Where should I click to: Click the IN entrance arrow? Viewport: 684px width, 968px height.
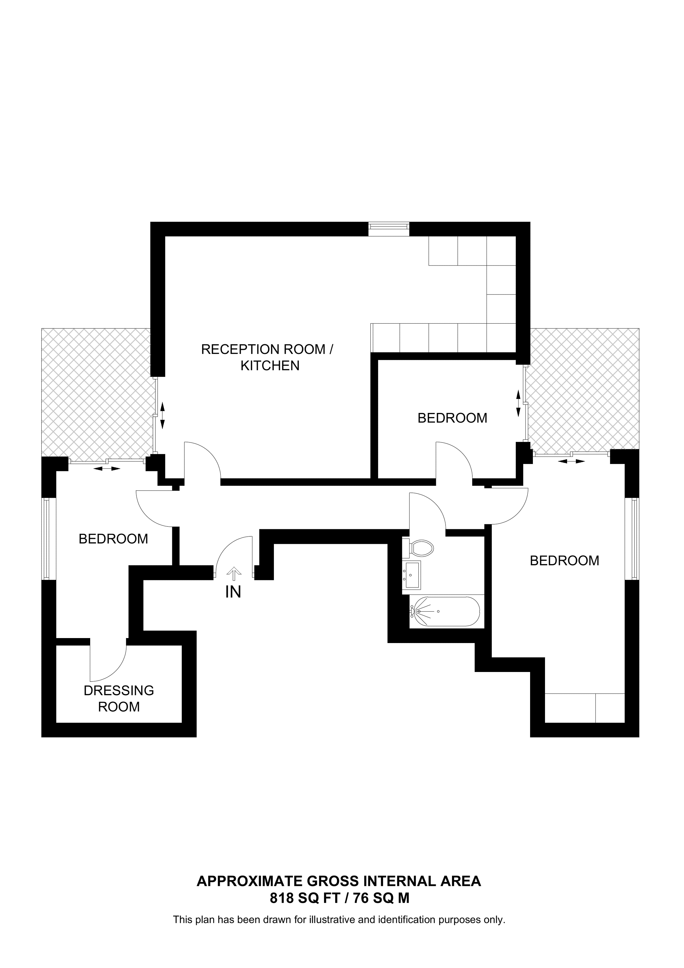[234, 573]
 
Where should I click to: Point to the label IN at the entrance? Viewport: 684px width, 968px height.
[233, 592]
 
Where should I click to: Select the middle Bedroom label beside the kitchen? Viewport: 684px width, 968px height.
[452, 418]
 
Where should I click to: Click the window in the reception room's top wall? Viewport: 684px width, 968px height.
[389, 229]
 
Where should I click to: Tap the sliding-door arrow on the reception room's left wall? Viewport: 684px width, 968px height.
[162, 415]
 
